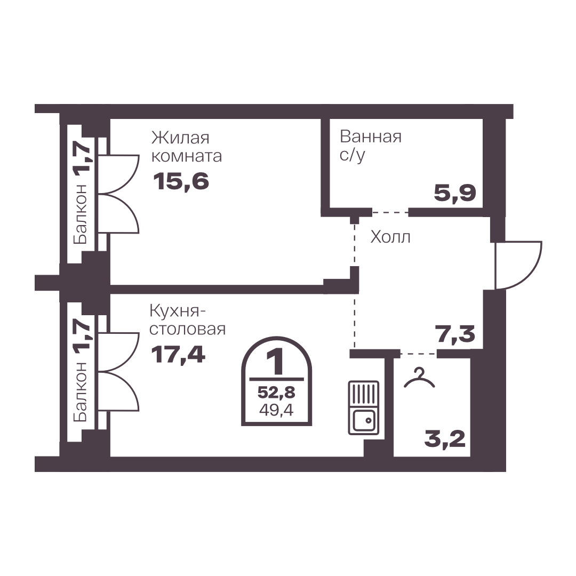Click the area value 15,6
coord(181,181)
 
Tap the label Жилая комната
coord(187,147)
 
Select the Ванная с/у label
coord(370,146)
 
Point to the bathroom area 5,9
coord(455,193)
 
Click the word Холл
coord(390,237)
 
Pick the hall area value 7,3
coord(455,334)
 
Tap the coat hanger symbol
coord(419,378)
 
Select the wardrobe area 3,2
coord(445,438)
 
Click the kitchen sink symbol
coord(363,408)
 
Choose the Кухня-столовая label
coord(187,320)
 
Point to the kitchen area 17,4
coord(178,355)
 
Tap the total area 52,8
coord(276,393)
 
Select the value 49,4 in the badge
coord(276,410)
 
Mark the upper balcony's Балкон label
coord(81,214)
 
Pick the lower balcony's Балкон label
coord(81,391)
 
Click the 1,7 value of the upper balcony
coord(81,157)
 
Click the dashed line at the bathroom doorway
coord(390,212)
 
